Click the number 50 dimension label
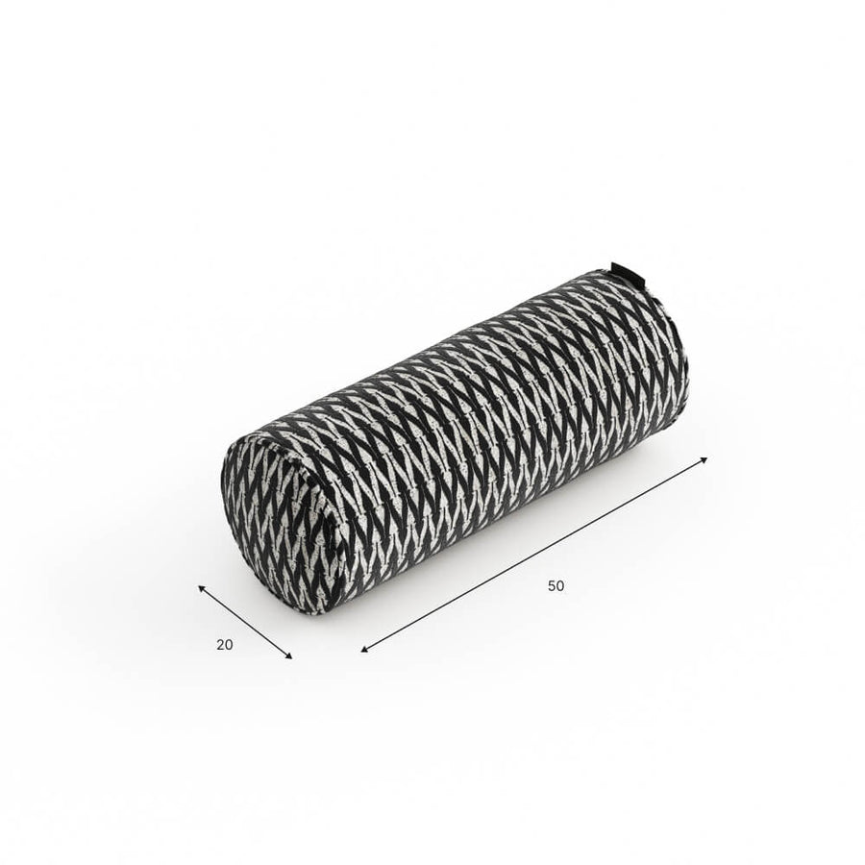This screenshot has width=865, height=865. pos(556,586)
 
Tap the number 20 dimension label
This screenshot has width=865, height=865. pos(225,644)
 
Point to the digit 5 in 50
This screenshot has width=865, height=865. pos(552,586)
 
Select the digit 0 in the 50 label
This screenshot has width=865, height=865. pos(560,586)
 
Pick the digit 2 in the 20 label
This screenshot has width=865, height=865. pos(220,644)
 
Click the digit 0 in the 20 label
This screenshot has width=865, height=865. pos(229,644)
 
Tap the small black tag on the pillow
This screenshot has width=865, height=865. pos(621,271)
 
